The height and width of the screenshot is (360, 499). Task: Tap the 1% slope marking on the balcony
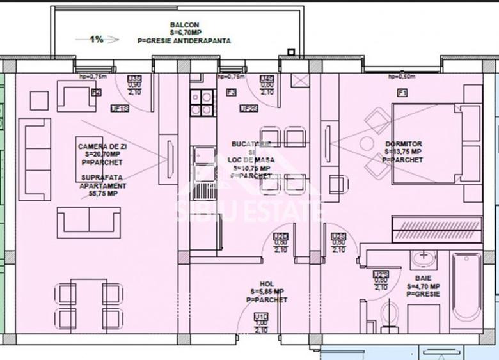[96, 39]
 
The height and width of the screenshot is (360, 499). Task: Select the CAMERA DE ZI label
[98, 146]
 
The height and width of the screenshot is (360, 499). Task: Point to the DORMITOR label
[403, 144]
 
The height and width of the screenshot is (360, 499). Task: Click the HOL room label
[267, 284]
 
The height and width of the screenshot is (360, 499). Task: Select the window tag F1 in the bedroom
[402, 93]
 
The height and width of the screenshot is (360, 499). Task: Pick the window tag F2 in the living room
[96, 93]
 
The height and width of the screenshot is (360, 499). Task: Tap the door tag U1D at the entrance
[261, 316]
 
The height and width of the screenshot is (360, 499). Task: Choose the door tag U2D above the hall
[281, 236]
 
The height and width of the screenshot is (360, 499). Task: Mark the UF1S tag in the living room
[120, 108]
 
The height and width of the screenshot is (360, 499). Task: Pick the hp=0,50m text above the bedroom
[402, 77]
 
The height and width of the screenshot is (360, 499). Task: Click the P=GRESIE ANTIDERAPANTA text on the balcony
[184, 40]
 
